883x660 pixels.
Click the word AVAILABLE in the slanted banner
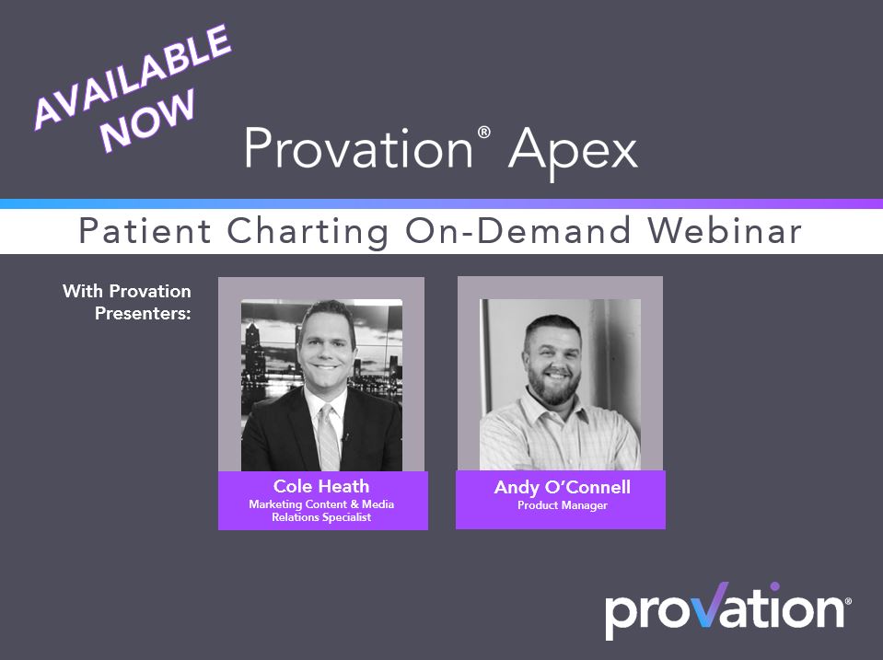click(x=131, y=76)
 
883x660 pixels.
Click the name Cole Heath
click(x=322, y=485)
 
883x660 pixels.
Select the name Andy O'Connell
click(x=560, y=488)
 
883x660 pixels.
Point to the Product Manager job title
click(x=562, y=505)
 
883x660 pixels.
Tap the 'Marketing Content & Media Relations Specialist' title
click(x=322, y=510)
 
